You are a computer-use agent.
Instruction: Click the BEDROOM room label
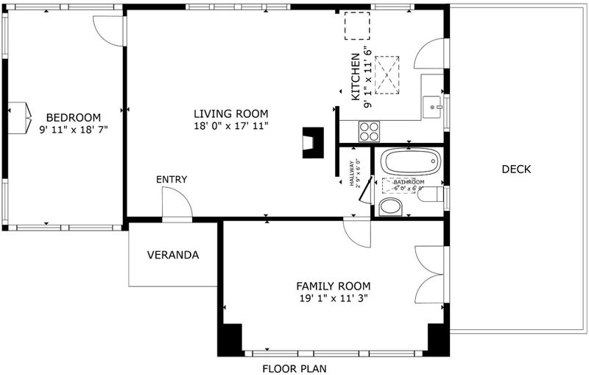pyautogui.click(x=73, y=118)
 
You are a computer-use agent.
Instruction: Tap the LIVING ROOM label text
pyautogui.click(x=231, y=113)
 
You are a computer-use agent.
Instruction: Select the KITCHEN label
pyautogui.click(x=356, y=77)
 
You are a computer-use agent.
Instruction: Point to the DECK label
pyautogui.click(x=517, y=169)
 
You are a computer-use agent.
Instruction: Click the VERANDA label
pyautogui.click(x=173, y=255)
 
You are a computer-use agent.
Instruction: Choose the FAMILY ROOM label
pyautogui.click(x=334, y=287)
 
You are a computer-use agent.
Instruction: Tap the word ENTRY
pyautogui.click(x=172, y=180)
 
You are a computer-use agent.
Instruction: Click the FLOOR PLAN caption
pyautogui.click(x=294, y=368)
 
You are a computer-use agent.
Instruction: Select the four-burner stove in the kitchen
pyautogui.click(x=369, y=132)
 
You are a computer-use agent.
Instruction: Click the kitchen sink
pyautogui.click(x=433, y=107)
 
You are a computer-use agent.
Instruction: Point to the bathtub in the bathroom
pyautogui.click(x=411, y=161)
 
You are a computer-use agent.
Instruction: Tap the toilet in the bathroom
pyautogui.click(x=431, y=194)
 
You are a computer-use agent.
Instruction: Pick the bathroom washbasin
pyautogui.click(x=391, y=207)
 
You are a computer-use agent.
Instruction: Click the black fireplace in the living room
pyautogui.click(x=314, y=143)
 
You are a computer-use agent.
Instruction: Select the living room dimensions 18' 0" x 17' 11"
pyautogui.click(x=231, y=126)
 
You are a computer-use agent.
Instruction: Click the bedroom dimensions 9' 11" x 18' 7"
pyautogui.click(x=73, y=130)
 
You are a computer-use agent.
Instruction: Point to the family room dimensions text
pyautogui.click(x=334, y=298)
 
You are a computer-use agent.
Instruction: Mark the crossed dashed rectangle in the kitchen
pyautogui.click(x=387, y=75)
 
